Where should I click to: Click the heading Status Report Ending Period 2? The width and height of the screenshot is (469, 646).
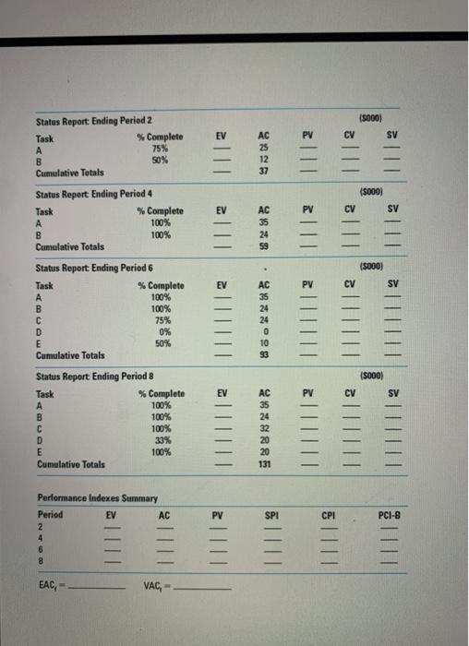[93, 122]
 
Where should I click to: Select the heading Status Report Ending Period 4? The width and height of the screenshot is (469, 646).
[93, 196]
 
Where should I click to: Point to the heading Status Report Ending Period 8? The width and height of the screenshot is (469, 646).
[93, 377]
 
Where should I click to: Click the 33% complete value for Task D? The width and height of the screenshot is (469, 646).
[160, 440]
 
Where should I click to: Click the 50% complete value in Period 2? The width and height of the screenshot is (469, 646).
[159, 160]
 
